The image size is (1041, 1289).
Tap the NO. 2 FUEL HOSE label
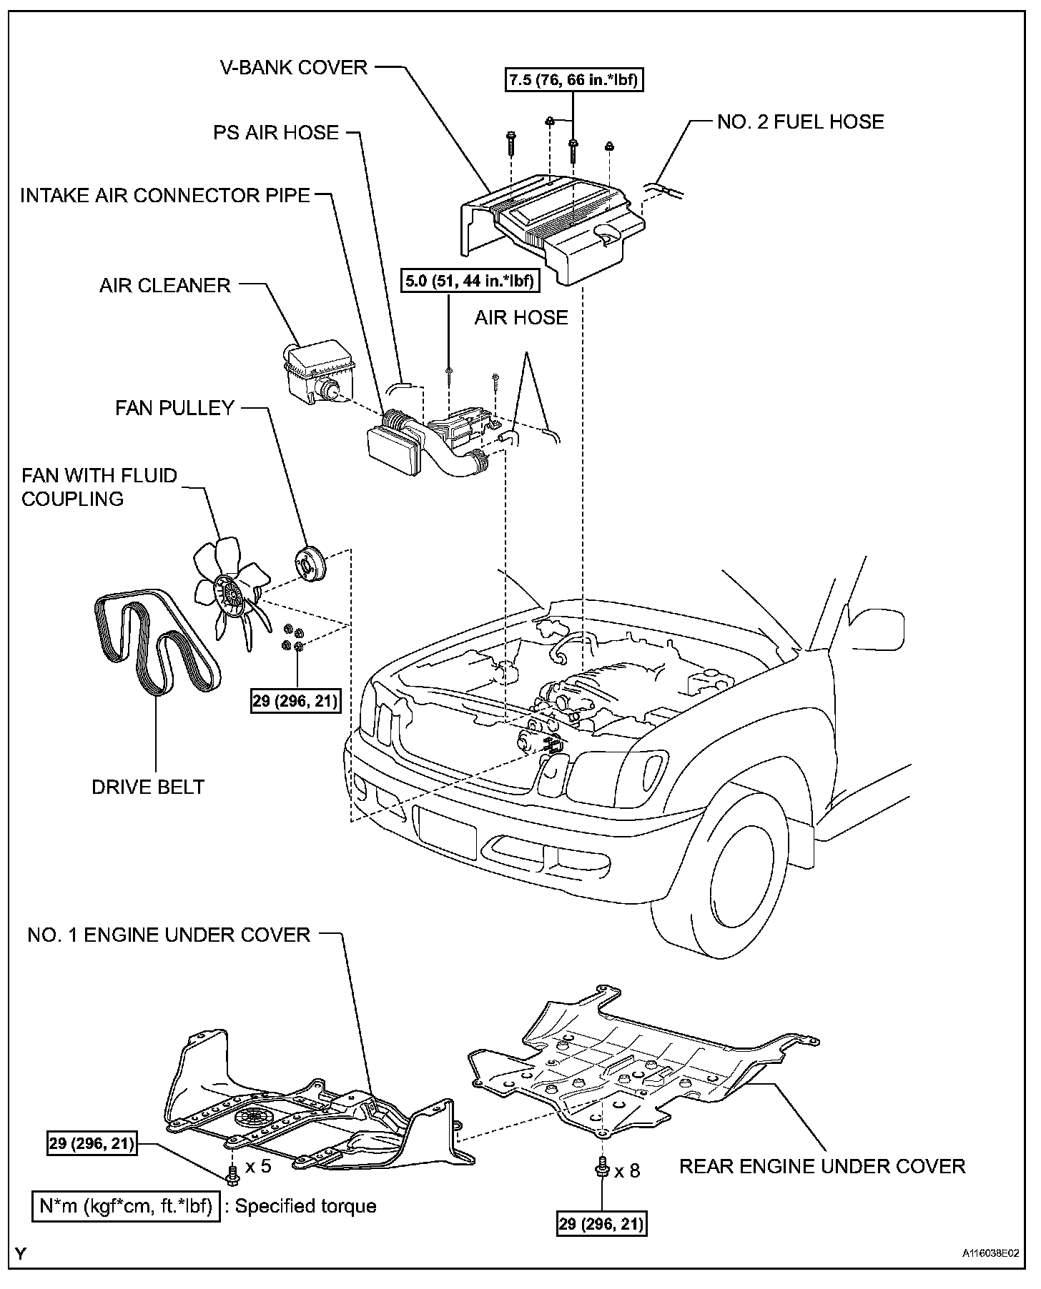click(800, 121)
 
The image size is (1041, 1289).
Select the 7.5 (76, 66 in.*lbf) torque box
click(573, 81)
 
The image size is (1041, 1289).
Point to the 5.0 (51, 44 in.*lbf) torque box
click(469, 281)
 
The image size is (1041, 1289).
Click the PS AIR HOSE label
click(275, 132)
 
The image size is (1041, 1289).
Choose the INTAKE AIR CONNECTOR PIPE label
click(165, 196)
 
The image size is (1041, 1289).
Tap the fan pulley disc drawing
click(310, 562)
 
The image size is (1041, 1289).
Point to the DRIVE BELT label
click(148, 787)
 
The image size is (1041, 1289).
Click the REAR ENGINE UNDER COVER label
click(822, 1167)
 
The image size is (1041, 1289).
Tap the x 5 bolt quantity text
click(258, 1167)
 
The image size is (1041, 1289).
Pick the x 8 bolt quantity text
click(627, 1170)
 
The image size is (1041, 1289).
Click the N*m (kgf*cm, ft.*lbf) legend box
click(125, 1206)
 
